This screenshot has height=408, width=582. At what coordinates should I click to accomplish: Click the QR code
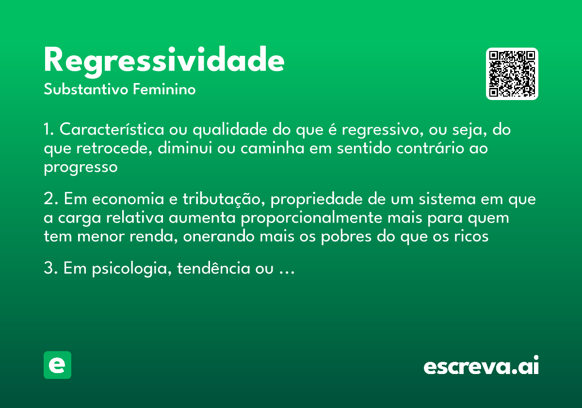(x=512, y=74)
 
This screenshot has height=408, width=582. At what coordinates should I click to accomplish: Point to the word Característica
(x=113, y=130)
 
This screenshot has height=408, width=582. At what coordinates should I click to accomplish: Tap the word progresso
(x=81, y=167)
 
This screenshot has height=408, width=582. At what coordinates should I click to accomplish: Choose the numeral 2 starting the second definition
(x=48, y=200)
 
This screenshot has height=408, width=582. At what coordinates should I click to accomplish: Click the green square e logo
(x=57, y=365)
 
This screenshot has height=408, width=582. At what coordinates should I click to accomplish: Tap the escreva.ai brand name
(x=481, y=366)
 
